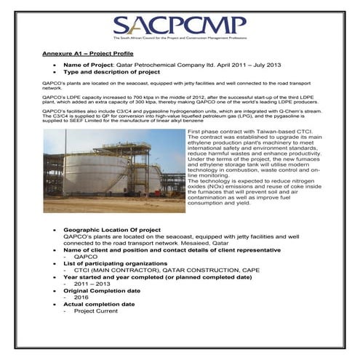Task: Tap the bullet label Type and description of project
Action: [x=110, y=73]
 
